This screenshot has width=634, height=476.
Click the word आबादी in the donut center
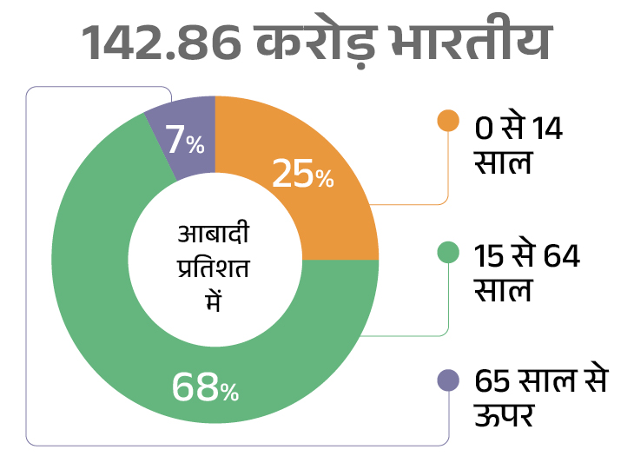point(208,236)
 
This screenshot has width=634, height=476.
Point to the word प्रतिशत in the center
point(208,268)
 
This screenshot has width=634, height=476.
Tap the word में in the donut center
point(209,299)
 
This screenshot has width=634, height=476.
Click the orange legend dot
point(448,122)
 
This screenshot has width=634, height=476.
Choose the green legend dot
point(448,252)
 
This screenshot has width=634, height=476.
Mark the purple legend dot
point(448,380)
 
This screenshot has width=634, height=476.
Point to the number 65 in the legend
point(492,380)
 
